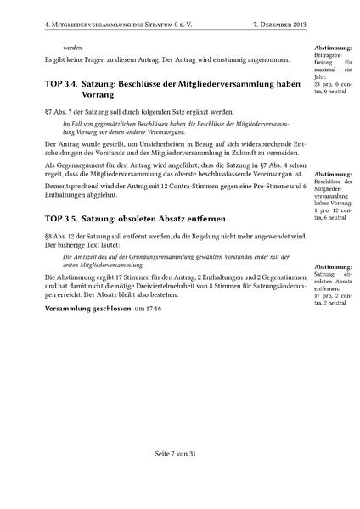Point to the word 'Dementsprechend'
click(x=74, y=192)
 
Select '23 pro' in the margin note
click(x=323, y=86)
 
